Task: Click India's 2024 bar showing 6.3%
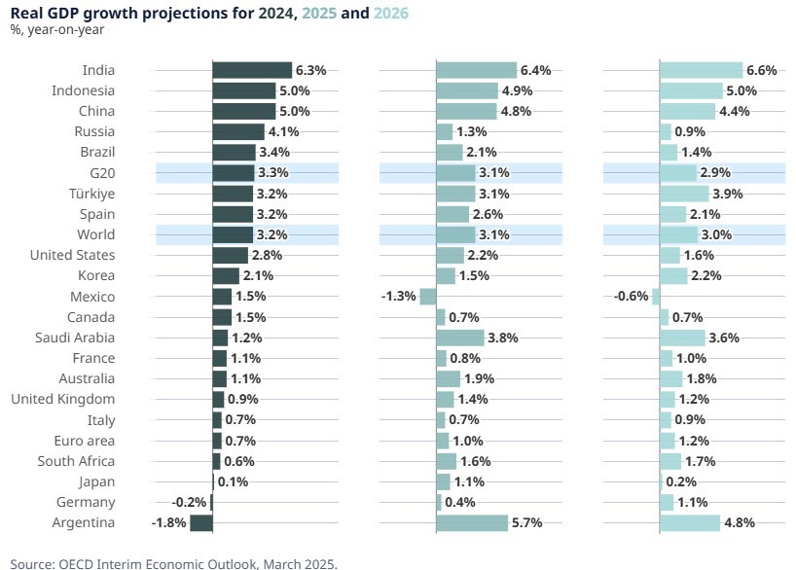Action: (x=252, y=70)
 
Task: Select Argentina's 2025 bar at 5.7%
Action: (x=472, y=523)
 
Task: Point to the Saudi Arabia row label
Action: (x=82, y=338)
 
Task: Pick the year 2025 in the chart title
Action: (x=319, y=13)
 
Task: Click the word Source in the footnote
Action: (x=33, y=562)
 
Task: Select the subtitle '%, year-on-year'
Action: (x=57, y=29)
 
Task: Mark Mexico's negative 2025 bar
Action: (x=427, y=297)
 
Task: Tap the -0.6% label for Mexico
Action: (x=632, y=297)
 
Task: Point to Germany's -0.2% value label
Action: (x=189, y=503)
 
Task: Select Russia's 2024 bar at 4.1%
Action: (x=238, y=131)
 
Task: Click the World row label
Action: (x=95, y=234)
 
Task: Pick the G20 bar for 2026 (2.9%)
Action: (x=678, y=173)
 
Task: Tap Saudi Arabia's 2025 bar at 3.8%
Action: (x=459, y=338)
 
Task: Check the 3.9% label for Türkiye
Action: (x=730, y=194)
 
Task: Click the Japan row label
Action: (x=97, y=481)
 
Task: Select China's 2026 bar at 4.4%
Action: (x=687, y=111)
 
